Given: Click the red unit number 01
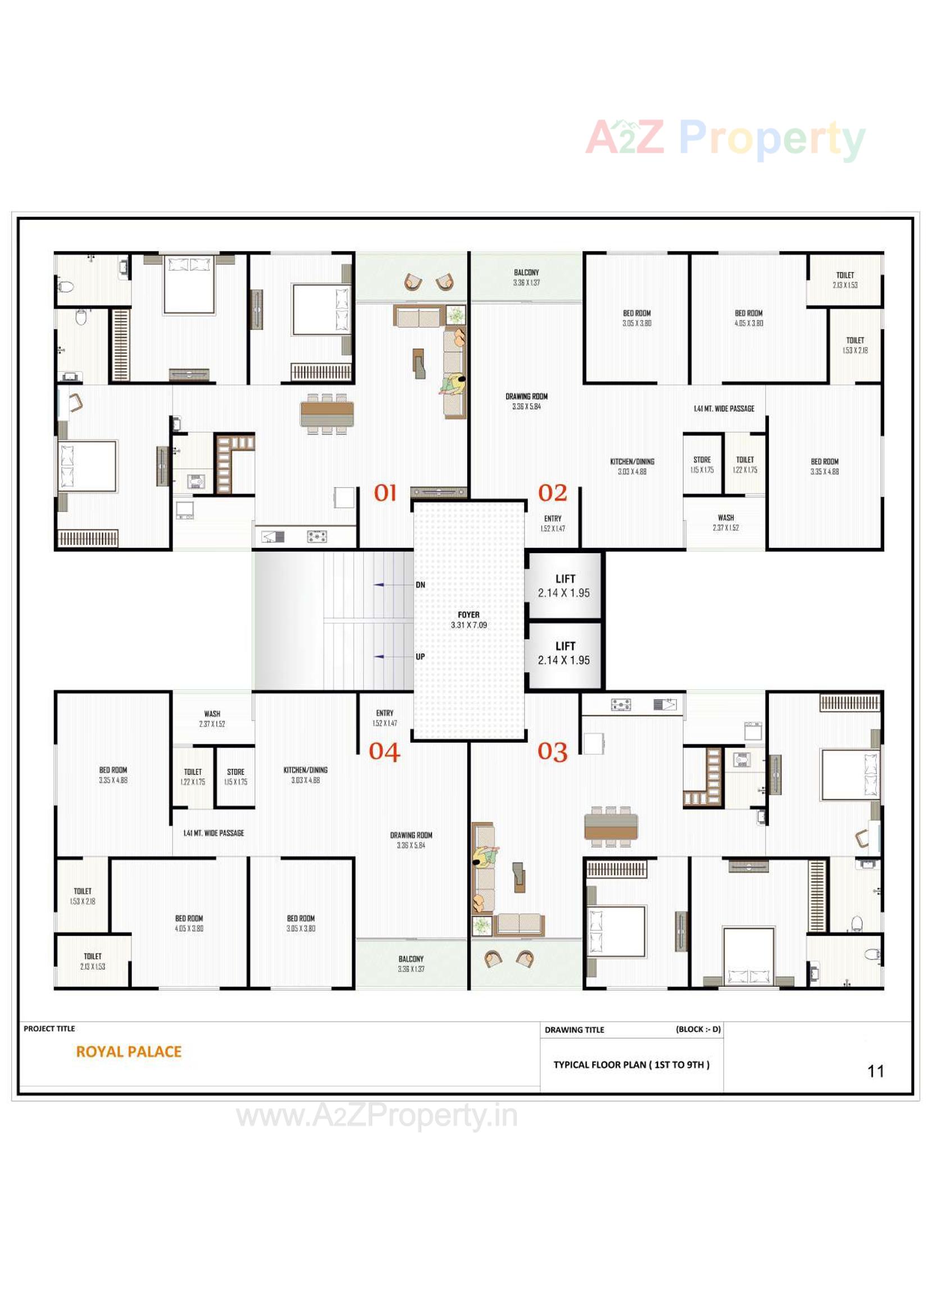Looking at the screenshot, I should (x=385, y=493).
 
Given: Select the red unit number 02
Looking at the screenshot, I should (x=552, y=493).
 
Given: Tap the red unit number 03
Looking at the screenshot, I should (x=552, y=751).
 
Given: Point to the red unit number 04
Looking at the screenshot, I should (x=384, y=752).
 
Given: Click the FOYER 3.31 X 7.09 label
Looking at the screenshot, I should (x=468, y=620).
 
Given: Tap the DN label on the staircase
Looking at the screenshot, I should (x=421, y=585).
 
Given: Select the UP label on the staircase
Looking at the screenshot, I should (x=421, y=656).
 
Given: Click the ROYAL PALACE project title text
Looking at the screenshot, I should (x=129, y=1052).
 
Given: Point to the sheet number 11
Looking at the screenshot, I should (x=875, y=1071).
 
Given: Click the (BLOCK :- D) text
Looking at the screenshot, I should (x=698, y=1029).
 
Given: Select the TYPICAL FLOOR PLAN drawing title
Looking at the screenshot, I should (x=631, y=1064).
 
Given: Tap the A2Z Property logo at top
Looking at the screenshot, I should (x=725, y=138).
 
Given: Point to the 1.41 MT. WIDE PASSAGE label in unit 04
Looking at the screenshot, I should (x=213, y=833).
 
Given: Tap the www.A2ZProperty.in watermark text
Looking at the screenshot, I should (x=377, y=1116).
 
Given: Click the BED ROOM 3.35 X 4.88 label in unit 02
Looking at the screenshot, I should (x=825, y=466).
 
